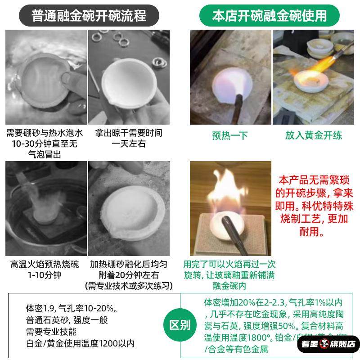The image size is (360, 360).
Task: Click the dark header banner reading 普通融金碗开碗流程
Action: click(89, 16)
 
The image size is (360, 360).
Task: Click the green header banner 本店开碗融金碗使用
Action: click(269, 16)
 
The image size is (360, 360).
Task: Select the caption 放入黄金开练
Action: click(313, 135)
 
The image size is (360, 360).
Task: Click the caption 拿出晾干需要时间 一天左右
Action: click(129, 138)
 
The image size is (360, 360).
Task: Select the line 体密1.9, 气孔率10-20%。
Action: click(72, 309)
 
